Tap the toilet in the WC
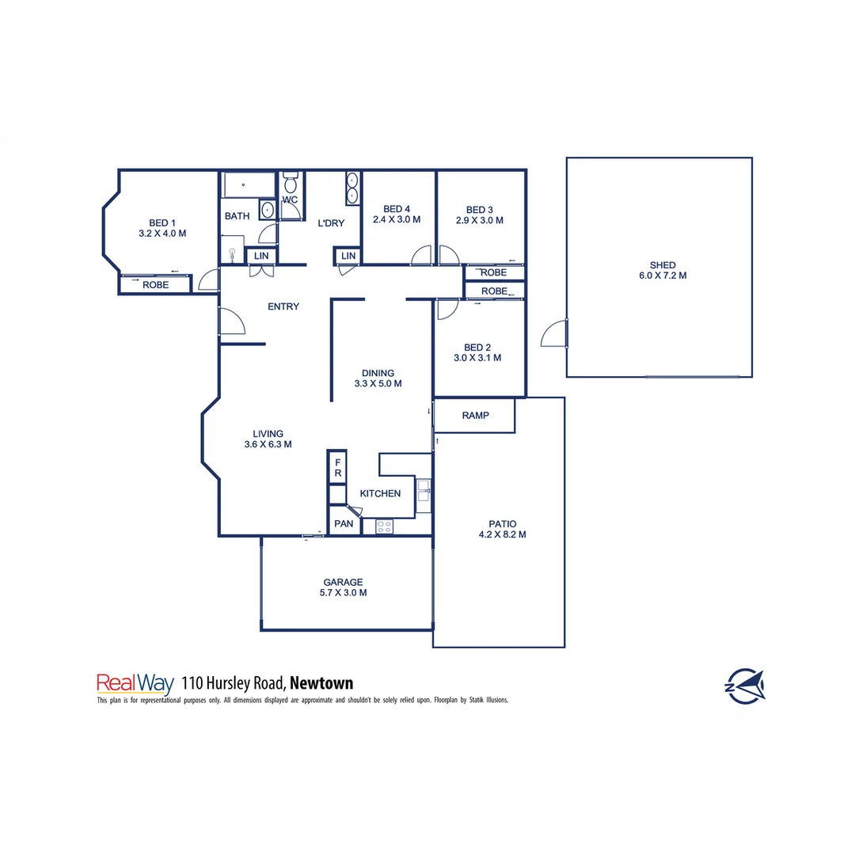pos(290,186)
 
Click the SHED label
pos(662,265)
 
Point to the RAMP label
pos(475,416)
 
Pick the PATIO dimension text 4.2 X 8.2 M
pos(503,534)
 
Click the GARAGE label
pos(343,581)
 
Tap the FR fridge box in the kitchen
pos(337,467)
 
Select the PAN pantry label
pos(344,524)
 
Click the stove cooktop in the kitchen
pos(385,525)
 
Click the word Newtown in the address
pos(321,682)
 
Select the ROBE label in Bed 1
pos(156,284)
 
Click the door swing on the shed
pos(555,333)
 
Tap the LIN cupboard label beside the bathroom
pos(261,256)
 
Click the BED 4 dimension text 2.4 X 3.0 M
pos(397,220)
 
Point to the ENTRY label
pos(283,306)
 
